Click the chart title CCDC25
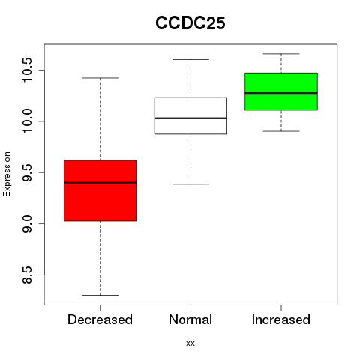point(190,23)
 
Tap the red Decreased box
point(100,190)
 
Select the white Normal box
point(190,115)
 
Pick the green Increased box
point(281,91)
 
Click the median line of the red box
point(100,183)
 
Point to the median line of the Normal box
point(190,118)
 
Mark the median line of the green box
point(281,93)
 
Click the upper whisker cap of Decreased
point(100,78)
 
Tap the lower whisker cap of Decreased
point(100,295)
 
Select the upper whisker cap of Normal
point(190,59)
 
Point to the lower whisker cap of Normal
point(190,184)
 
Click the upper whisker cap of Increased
point(281,54)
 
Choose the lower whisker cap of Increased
point(281,131)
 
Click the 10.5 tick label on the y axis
point(27,70)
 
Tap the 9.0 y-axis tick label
point(27,223)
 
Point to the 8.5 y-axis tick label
point(27,275)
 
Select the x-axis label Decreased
point(100,319)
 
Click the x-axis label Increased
point(281,319)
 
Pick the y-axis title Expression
point(7,174)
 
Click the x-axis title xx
point(190,343)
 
